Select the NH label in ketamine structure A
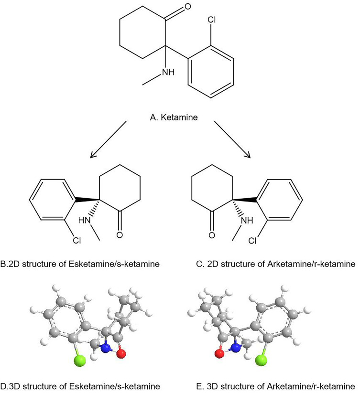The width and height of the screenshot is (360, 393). tap(167, 72)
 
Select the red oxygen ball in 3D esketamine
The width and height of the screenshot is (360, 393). tap(121, 354)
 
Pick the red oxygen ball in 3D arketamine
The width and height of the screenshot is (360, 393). tap(220, 354)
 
